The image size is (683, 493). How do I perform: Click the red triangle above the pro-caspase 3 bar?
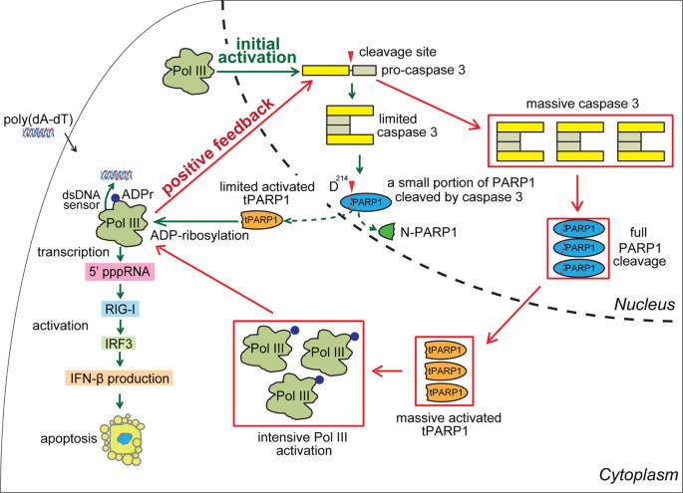tap(348, 54)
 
